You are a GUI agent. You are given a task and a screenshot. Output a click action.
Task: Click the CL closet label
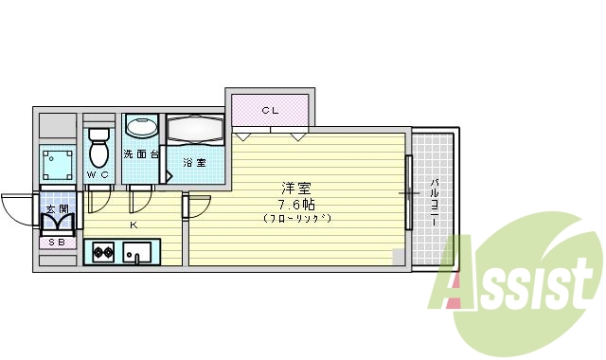point(271,111)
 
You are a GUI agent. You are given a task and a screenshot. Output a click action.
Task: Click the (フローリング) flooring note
point(296,219)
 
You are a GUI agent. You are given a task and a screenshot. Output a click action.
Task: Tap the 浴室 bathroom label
point(194,162)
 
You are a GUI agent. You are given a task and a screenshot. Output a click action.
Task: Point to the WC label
point(98,175)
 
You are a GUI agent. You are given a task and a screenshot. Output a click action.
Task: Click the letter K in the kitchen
point(134,225)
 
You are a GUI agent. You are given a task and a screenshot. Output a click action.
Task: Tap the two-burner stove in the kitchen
point(103,252)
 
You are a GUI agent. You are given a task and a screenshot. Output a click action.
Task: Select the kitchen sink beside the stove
point(138,252)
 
